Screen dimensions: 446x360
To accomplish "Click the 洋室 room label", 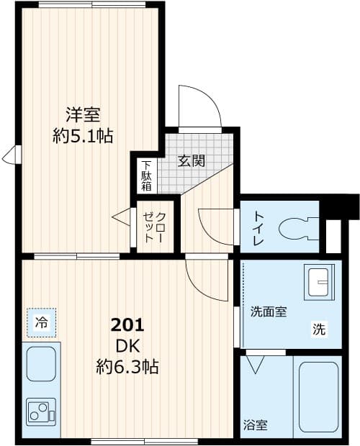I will [x=83, y=114].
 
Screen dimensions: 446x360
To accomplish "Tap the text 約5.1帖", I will [x=83, y=135].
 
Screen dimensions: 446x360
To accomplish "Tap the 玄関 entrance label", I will [x=192, y=160].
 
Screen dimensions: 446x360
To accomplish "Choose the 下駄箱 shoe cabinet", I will [x=146, y=175].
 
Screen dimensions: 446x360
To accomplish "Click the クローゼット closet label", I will [x=154, y=227].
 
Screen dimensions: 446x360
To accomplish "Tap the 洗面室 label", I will [x=269, y=312].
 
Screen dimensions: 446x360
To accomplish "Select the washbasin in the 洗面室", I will [x=320, y=283].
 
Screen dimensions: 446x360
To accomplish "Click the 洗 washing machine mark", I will [x=318, y=330].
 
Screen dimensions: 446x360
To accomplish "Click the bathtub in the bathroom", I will [x=318, y=397].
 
